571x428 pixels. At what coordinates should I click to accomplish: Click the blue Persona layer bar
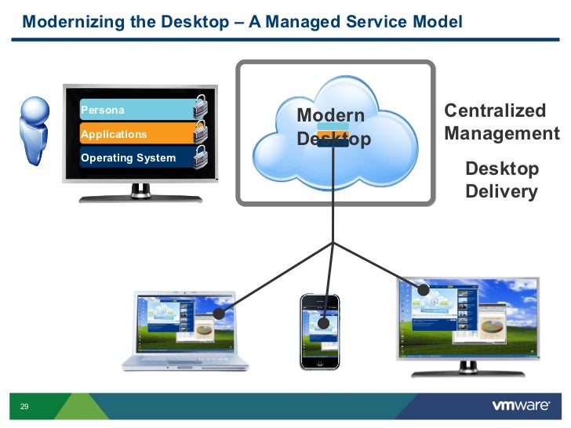coord(133,111)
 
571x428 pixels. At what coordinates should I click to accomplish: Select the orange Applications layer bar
coord(133,134)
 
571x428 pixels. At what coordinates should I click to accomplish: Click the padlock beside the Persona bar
coord(202,107)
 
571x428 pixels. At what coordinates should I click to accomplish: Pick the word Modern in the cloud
coord(331,116)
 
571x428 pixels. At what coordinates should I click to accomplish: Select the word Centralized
coord(494,111)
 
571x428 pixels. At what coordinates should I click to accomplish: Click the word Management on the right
coord(502,133)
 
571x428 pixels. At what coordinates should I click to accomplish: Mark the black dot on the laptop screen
coord(220,313)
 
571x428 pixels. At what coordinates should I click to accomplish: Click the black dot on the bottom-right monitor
coord(424,289)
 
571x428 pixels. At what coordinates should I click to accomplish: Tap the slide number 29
coord(24,407)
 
